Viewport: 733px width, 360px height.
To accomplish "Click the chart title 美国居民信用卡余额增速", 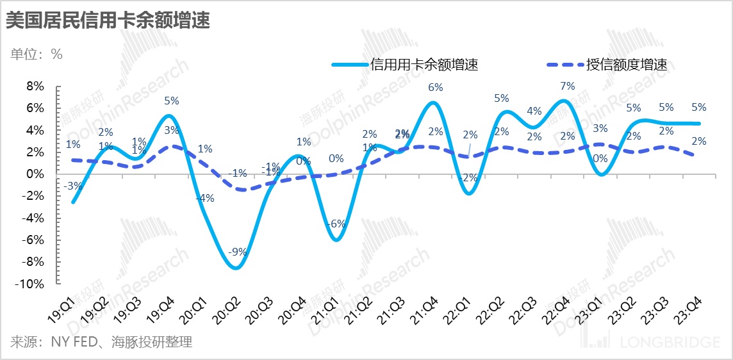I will coord(108,20).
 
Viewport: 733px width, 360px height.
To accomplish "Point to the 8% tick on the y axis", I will coord(34,86).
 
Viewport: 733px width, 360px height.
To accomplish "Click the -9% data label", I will coord(238,252).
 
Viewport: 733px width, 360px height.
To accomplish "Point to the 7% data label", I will coord(567,86).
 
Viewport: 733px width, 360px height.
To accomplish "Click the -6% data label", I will coord(337,224).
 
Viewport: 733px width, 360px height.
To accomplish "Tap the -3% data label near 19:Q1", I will coord(72,186).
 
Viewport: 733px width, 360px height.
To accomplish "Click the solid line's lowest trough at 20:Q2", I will coord(235,268).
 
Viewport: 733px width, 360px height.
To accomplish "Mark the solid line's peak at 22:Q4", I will coord(563,101).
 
